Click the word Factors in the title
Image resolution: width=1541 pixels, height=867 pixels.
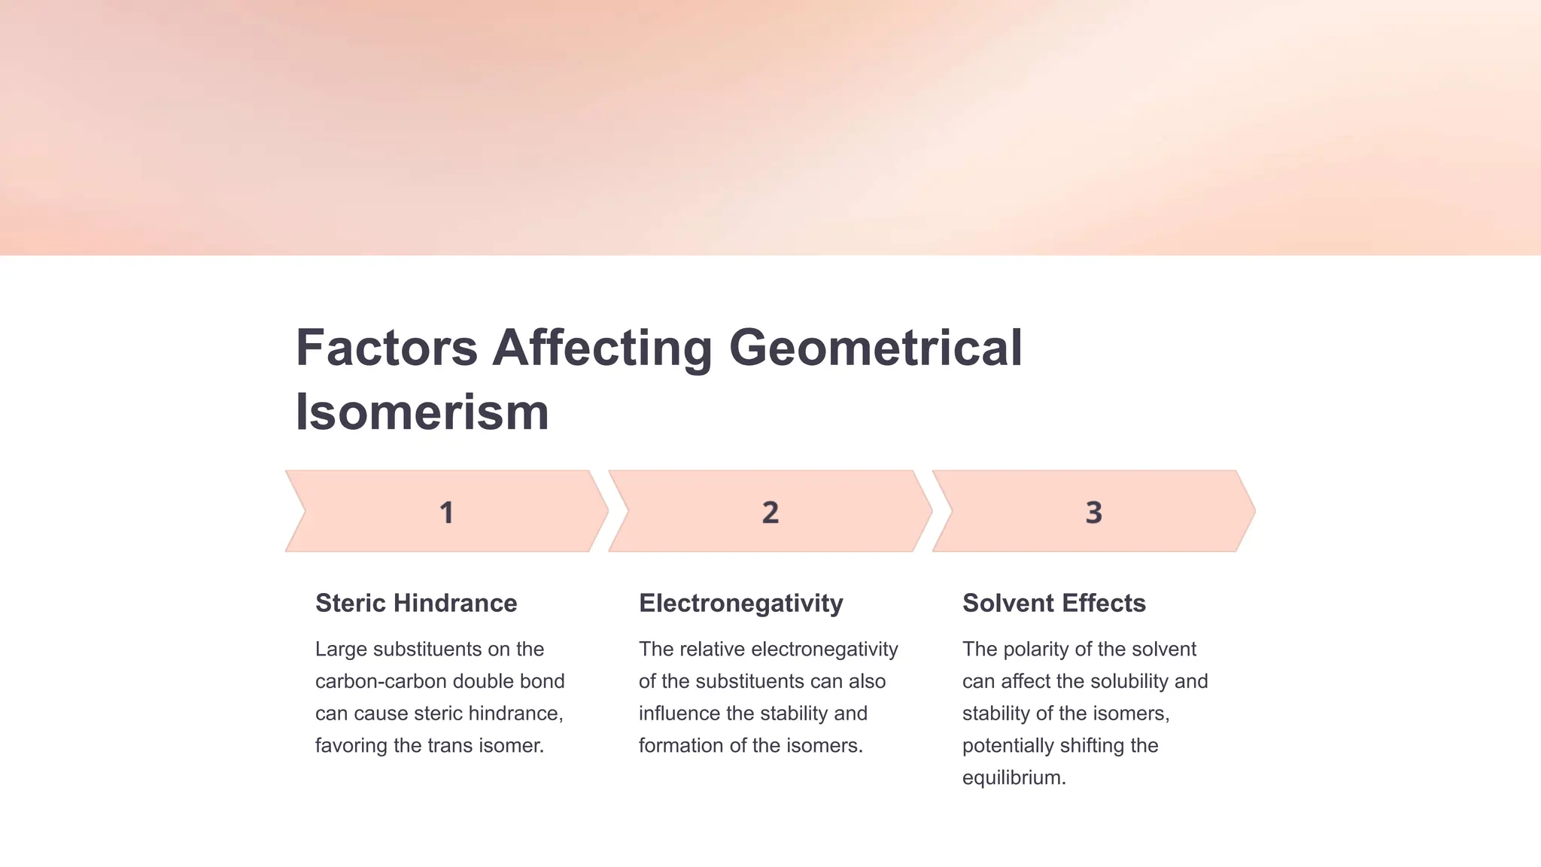pos(386,348)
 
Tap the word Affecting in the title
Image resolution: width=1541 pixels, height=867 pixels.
pos(602,348)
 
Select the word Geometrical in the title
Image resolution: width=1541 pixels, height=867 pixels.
pos(875,348)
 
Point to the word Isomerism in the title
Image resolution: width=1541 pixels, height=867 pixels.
pos(422,412)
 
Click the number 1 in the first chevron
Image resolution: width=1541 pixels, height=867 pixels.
pos(446,513)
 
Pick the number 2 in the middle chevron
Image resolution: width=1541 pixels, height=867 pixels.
pos(770,513)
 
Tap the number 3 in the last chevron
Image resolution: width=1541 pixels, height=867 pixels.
pos(1093,513)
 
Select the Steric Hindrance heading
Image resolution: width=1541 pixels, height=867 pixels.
pos(416,603)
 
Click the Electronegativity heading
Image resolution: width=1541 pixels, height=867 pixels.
pos(740,603)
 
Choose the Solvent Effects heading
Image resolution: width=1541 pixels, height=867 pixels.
pos(1053,603)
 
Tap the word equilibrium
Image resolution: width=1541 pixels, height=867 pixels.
pos(1014,777)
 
